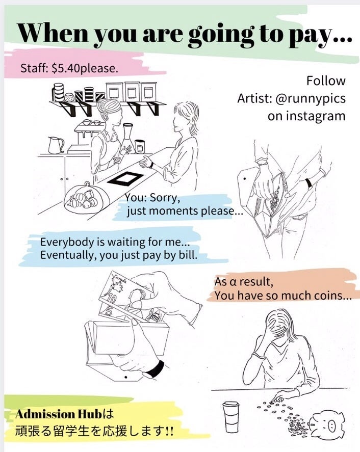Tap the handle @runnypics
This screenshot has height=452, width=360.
pos(311,98)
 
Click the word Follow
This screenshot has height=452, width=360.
pos(326,81)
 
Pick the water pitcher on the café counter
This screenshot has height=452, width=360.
pos(56,145)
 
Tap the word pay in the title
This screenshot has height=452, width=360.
pos(313,34)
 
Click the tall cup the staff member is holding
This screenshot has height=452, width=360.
pos(127,135)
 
